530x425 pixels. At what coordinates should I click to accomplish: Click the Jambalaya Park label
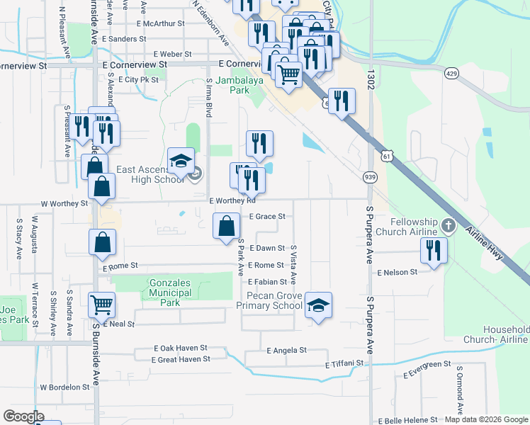point(235,86)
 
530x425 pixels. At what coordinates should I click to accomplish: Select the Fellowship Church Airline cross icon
point(447,226)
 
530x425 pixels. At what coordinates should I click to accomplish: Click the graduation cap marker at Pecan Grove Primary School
point(318,305)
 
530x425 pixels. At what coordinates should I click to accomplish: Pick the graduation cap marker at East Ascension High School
point(181,161)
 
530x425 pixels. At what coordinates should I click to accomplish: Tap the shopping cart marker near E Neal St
point(102,305)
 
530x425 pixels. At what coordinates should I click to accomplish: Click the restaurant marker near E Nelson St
point(433,249)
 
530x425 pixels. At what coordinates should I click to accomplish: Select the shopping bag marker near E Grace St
point(226,227)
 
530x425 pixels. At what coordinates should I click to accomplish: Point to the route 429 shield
point(451,73)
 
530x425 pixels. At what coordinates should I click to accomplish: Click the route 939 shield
point(370,176)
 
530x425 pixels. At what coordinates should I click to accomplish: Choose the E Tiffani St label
point(344,364)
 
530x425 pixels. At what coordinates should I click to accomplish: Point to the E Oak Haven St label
point(181,348)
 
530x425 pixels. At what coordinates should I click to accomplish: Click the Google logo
point(23,416)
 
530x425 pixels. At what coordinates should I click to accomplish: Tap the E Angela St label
point(287,350)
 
